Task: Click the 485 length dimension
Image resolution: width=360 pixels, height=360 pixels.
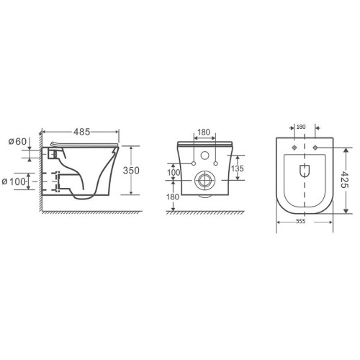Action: coord(82,132)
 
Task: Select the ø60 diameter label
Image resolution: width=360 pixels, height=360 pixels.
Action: coord(17,141)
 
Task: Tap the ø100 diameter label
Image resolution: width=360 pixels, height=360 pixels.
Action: coord(14,181)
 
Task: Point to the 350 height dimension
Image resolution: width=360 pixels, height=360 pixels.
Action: coord(131,171)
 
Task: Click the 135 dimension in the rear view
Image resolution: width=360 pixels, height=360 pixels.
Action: coord(238,168)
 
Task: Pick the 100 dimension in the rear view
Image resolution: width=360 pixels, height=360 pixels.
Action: coord(174,172)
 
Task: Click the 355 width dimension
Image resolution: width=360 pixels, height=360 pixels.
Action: coord(300,222)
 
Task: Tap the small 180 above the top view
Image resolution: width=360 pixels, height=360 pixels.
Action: coord(301,127)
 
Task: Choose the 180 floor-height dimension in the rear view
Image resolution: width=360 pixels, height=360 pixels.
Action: coord(173,197)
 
